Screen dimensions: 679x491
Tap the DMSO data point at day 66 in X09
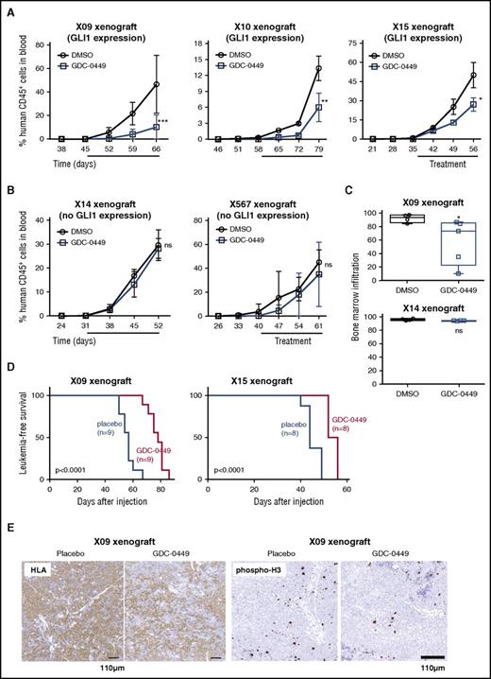click(155, 84)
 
